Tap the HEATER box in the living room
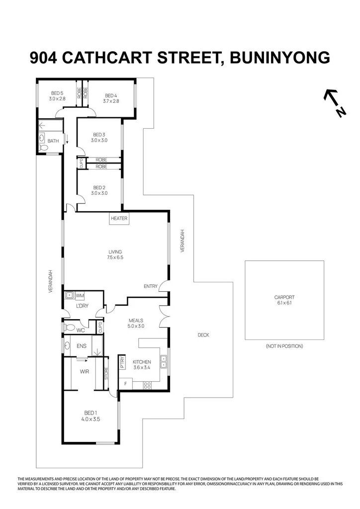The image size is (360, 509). [x=119, y=218]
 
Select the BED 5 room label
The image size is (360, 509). [x=57, y=93]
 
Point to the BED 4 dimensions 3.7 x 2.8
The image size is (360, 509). [x=111, y=101]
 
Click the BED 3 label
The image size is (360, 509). [x=99, y=135]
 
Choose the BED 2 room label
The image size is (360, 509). [x=99, y=187]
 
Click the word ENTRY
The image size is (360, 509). [x=150, y=286]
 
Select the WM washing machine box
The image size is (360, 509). [x=80, y=296]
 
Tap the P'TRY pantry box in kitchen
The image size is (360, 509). [x=122, y=363]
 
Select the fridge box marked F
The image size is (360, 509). [x=125, y=384]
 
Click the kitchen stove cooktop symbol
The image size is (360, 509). [x=147, y=384]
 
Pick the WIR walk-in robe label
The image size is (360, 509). [x=84, y=371]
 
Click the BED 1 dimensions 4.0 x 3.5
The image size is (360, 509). [x=90, y=420]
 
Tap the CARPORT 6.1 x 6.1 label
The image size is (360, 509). [x=284, y=300]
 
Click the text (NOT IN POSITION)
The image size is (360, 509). [x=284, y=346]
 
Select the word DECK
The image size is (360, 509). [x=203, y=335]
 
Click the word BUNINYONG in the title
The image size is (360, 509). [x=273, y=58]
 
